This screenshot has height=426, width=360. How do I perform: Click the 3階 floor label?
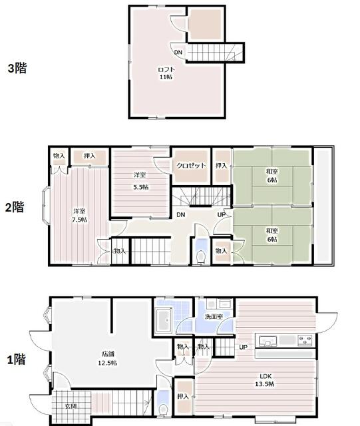(17, 68)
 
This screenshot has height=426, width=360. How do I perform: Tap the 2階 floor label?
(15, 207)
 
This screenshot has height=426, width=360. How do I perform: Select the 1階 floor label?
(16, 359)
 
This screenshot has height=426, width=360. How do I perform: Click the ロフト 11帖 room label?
(166, 73)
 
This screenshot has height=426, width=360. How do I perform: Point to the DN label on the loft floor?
(178, 52)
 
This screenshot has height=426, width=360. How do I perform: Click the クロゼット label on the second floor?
(191, 166)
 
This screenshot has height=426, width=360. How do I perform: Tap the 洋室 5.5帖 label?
(140, 181)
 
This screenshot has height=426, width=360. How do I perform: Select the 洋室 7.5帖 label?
(79, 216)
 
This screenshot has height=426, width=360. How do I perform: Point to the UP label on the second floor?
(222, 214)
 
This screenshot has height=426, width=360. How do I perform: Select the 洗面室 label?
(214, 317)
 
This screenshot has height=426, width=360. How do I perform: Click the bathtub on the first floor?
(164, 320)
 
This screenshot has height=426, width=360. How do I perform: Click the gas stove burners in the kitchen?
(305, 340)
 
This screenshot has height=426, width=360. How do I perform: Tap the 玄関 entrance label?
(71, 407)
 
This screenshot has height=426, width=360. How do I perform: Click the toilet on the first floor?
(163, 409)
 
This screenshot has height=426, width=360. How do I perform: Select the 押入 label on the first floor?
(183, 397)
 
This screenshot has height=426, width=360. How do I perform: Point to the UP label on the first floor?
(243, 347)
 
